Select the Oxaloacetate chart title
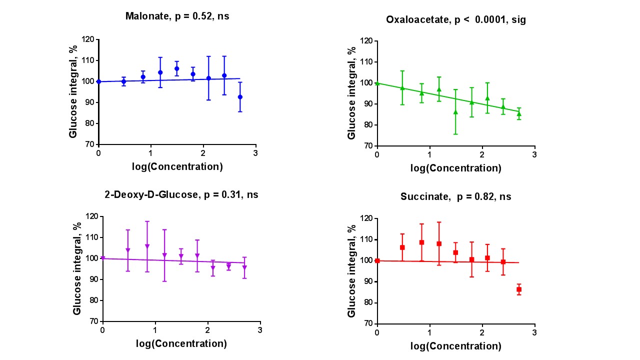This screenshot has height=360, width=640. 455,20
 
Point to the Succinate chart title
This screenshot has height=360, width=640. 455,196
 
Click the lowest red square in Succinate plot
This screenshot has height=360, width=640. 519,289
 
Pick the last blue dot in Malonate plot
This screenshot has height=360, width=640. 240,97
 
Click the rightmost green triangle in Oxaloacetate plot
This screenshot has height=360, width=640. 519,113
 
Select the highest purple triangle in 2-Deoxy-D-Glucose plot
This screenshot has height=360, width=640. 147,246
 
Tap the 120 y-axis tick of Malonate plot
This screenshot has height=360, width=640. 88,39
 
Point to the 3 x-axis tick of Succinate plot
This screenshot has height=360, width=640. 534,332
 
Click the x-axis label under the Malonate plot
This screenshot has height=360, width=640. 177,166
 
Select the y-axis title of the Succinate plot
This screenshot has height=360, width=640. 351,270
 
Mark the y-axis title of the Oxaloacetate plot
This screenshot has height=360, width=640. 351,93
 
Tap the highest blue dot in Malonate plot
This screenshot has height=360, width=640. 176,68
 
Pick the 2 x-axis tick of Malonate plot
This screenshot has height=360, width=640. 203,153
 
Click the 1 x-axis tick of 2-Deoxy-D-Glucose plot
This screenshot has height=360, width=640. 155,330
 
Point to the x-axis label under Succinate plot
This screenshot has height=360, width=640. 455,346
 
